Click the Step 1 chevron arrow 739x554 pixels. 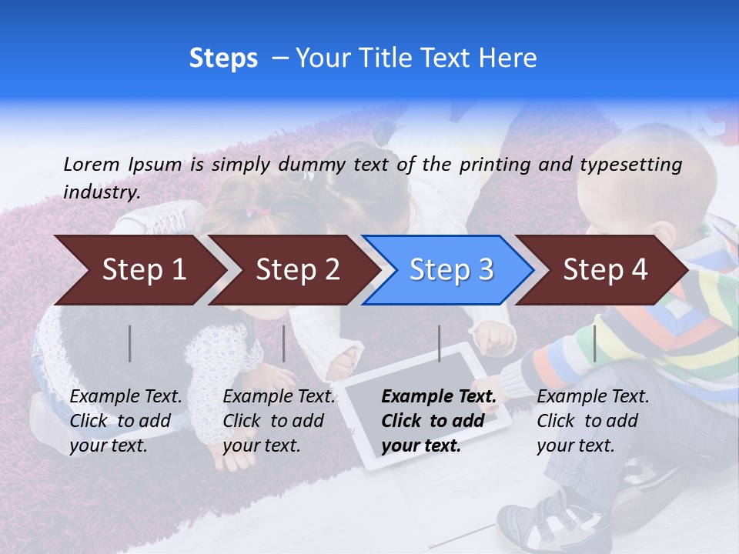[144, 270]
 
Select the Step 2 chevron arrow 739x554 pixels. [297, 270]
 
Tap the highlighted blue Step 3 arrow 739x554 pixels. [451, 270]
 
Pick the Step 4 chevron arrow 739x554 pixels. [605, 270]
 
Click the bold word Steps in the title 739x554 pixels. [223, 58]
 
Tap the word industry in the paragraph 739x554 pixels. [102, 192]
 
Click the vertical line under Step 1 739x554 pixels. [130, 343]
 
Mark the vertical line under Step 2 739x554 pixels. [284, 343]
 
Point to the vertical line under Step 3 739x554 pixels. [440, 343]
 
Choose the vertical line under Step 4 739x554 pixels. [595, 343]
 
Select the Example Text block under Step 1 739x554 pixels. [125, 421]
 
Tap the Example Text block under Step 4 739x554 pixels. [593, 421]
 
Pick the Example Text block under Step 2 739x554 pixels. [279, 421]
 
